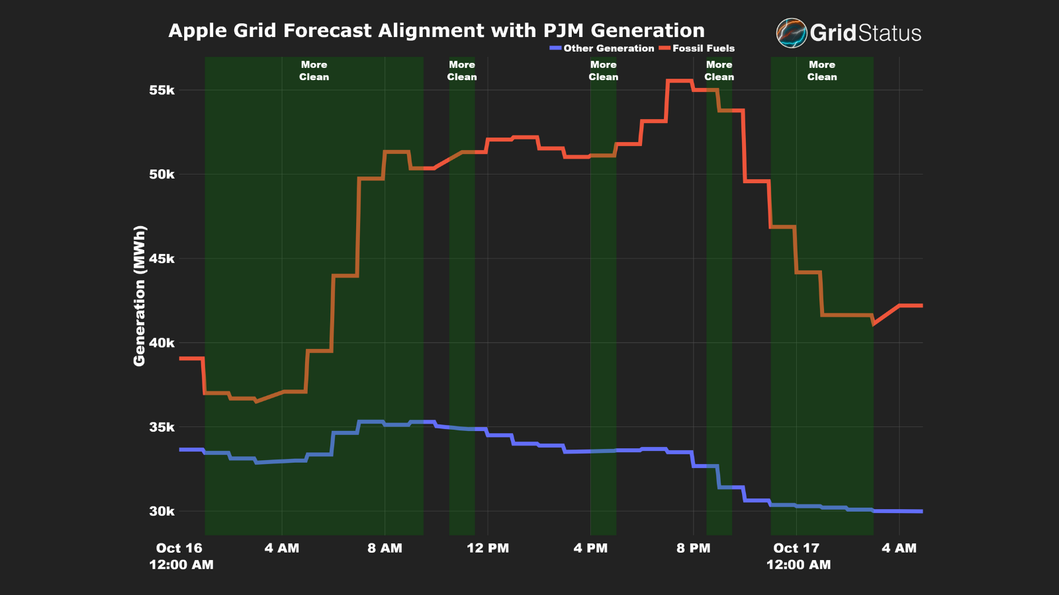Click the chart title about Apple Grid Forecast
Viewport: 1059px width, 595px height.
[x=436, y=31]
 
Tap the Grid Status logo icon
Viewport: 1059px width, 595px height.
[x=791, y=33]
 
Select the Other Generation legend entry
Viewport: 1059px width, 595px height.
[x=602, y=48]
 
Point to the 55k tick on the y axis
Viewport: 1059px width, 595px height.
[x=161, y=91]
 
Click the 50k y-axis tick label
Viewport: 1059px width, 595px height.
[x=161, y=175]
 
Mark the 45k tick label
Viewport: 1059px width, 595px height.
[x=161, y=258]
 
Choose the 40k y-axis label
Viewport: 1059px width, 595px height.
[x=161, y=343]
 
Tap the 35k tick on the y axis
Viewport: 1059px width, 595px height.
[x=161, y=427]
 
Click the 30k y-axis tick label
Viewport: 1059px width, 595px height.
[x=161, y=511]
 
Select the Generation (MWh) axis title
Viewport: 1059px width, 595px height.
[x=139, y=296]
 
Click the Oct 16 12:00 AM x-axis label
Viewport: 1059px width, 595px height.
[x=180, y=556]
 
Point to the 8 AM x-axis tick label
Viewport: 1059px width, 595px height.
[x=385, y=548]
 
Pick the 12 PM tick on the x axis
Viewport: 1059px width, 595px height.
[x=488, y=548]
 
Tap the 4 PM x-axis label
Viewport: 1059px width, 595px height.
[x=590, y=548]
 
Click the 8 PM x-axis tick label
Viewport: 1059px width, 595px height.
[x=693, y=548]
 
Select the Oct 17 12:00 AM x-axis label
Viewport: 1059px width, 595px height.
[x=797, y=556]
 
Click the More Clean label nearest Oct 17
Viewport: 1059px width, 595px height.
[x=821, y=71]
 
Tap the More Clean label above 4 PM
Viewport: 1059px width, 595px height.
[x=603, y=71]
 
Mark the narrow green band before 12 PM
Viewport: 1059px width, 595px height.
[x=461, y=297]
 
